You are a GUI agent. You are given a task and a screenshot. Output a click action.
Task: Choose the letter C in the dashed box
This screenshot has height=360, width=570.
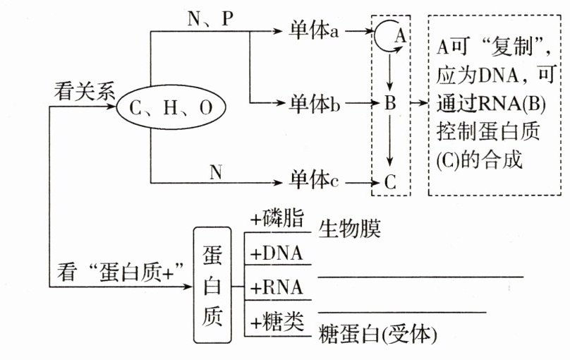(x=391, y=181)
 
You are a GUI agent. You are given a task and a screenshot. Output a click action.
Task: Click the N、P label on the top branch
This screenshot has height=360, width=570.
(x=210, y=20)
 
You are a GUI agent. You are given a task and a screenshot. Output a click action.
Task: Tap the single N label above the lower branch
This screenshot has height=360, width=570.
(x=215, y=170)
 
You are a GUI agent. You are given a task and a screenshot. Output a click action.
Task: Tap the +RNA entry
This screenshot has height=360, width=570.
(x=277, y=288)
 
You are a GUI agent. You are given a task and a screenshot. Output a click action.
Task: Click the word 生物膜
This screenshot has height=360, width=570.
(x=350, y=229)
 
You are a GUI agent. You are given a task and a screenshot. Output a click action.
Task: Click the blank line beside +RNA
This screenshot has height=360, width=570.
(x=420, y=277)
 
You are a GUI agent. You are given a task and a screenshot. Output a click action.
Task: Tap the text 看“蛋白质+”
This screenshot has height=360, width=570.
(x=116, y=270)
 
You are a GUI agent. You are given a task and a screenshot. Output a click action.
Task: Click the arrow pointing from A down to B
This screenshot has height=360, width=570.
(x=390, y=71)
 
